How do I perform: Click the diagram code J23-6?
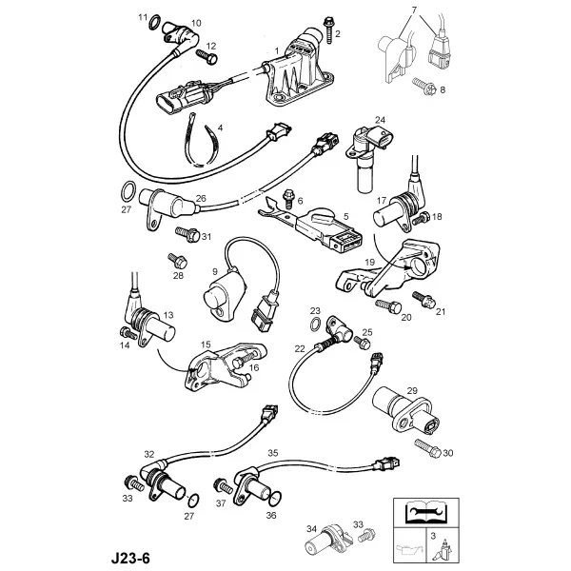(x=130, y=558)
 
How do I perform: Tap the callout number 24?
(x=380, y=120)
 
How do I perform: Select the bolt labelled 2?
(x=329, y=30)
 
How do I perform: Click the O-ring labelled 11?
(x=154, y=23)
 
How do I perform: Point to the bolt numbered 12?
(x=207, y=57)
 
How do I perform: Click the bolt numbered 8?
(x=424, y=86)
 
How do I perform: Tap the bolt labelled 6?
(x=289, y=199)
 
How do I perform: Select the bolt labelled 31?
(x=187, y=234)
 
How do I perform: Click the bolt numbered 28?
(x=177, y=261)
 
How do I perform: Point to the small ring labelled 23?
(x=316, y=324)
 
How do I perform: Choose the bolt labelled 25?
(x=362, y=342)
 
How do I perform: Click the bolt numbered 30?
(x=428, y=448)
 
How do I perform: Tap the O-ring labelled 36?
(x=276, y=499)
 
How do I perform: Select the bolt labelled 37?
(x=224, y=485)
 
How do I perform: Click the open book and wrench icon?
(x=426, y=512)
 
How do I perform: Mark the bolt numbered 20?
(x=388, y=305)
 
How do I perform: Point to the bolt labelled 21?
(x=423, y=299)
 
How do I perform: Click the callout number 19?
(x=369, y=262)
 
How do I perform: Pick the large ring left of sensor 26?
(x=128, y=191)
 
